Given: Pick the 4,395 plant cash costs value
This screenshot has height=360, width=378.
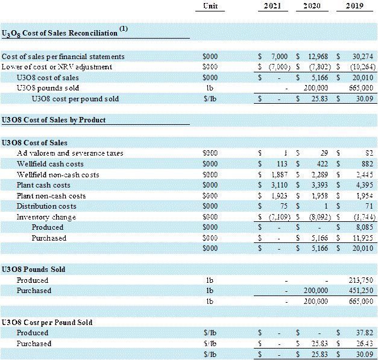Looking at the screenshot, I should click(364, 185).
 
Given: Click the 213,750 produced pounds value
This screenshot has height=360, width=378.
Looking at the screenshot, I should click(361, 280).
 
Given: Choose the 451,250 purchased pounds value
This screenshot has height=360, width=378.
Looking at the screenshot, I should click(361, 291).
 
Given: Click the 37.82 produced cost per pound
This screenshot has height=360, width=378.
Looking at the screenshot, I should click(365, 333).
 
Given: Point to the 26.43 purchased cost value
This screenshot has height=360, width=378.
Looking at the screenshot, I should click(365, 344).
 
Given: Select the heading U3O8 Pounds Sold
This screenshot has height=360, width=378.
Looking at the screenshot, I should click(33, 270).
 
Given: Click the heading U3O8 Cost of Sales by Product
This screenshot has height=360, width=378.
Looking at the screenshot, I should click(54, 120).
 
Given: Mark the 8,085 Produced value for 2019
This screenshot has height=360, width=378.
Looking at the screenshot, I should click(364, 227).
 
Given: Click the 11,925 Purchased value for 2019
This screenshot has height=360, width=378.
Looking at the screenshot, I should click(362, 238).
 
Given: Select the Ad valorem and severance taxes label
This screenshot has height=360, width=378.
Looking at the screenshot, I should click(70, 153).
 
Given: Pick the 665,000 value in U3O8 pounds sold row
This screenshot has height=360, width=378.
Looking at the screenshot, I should click(361, 88).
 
